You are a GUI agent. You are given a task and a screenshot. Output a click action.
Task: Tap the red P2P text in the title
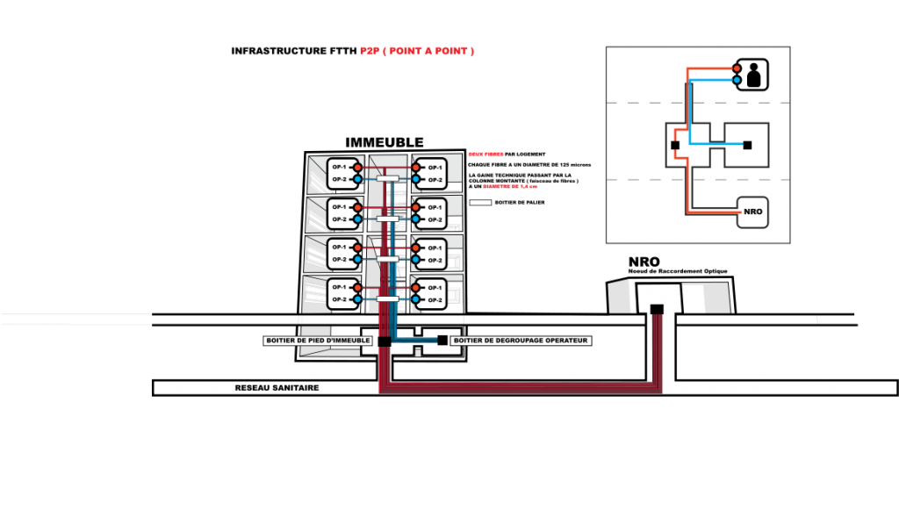370,52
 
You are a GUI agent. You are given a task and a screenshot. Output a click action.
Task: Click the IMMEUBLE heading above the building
385,142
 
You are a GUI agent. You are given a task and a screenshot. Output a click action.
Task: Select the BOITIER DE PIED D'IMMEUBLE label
318,341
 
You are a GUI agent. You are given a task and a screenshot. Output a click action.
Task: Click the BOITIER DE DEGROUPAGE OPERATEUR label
521,341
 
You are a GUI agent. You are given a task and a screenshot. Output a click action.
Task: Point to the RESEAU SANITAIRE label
277,388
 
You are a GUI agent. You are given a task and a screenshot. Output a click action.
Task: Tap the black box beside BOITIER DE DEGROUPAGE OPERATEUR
442,340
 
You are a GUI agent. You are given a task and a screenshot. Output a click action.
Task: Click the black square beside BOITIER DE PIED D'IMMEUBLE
385,341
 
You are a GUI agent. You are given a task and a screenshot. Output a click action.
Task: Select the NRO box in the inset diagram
752,212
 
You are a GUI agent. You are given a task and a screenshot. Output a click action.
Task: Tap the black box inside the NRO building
656,309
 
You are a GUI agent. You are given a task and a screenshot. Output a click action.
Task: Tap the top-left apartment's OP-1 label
338,167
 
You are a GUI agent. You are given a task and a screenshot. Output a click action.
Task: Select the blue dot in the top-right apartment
416,179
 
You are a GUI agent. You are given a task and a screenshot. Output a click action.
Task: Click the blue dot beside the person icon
737,79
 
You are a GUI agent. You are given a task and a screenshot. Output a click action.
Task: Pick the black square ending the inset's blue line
747,144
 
